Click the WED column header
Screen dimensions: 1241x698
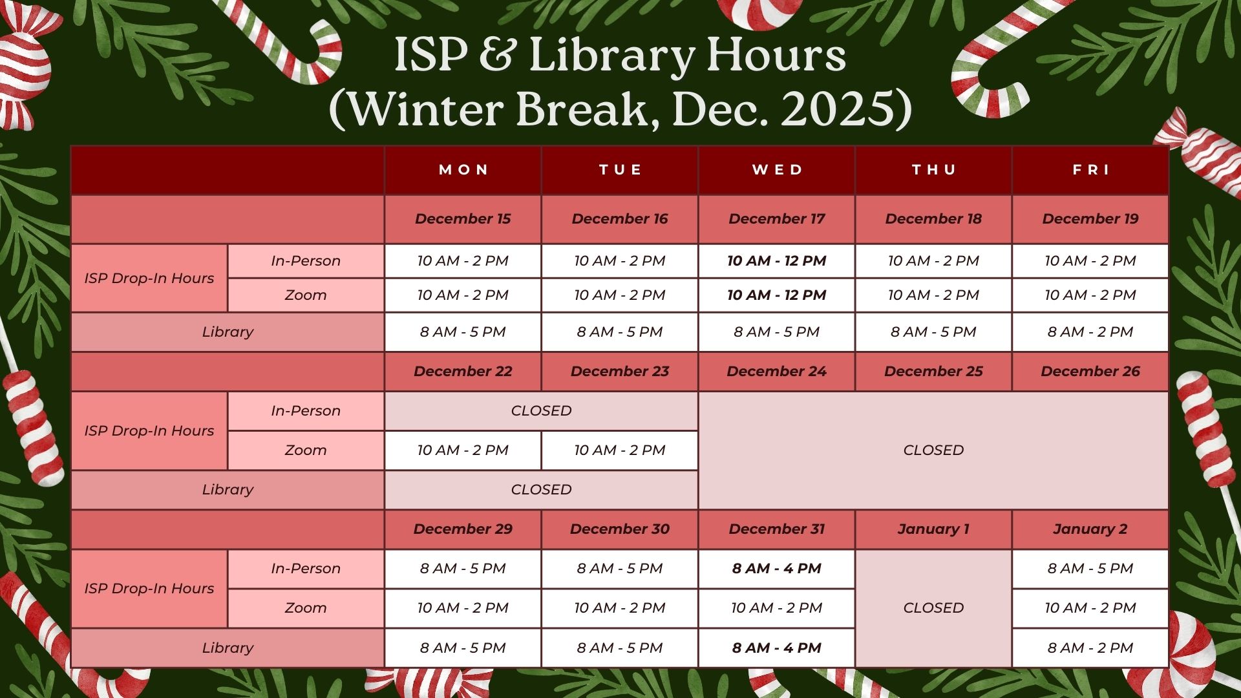coord(777,170)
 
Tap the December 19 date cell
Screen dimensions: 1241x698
coord(1090,219)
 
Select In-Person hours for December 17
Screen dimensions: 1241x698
coord(777,261)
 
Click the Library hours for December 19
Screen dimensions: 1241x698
coord(1090,332)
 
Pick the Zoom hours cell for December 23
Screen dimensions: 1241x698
coord(620,450)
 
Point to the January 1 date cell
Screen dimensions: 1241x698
coord(933,529)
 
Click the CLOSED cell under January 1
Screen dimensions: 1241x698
coord(933,608)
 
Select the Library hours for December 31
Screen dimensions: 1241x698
coord(777,648)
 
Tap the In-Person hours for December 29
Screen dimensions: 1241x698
coord(463,569)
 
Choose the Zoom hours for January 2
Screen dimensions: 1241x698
coord(1090,608)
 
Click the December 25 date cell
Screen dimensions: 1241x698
coord(933,372)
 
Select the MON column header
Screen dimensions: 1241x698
coord(463,170)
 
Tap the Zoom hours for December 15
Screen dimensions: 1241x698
coord(463,295)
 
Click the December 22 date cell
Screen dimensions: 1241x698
coord(463,372)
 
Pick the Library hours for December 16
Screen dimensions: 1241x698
coord(620,332)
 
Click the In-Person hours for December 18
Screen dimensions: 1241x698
coord(933,261)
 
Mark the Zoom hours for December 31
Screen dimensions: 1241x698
coord(777,608)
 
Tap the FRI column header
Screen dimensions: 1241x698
coord(1090,170)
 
